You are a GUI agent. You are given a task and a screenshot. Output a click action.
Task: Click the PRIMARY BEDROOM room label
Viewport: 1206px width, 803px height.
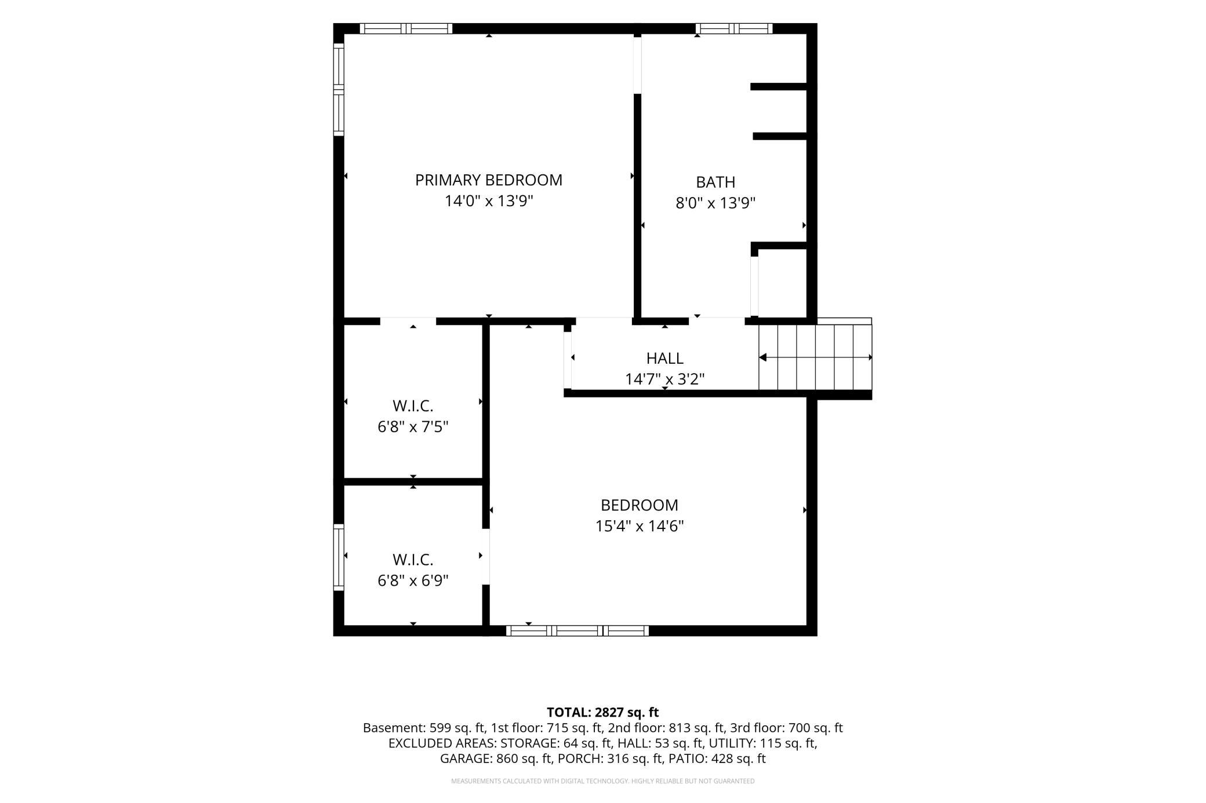click(x=489, y=180)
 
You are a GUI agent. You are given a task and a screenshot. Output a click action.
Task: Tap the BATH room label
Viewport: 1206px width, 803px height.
click(x=715, y=183)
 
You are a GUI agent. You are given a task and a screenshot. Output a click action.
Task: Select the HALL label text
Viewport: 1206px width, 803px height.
click(x=664, y=359)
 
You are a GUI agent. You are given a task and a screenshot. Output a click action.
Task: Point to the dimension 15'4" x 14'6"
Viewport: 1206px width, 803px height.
click(x=640, y=526)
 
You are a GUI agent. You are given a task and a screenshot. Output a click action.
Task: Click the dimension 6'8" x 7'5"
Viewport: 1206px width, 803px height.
click(x=413, y=427)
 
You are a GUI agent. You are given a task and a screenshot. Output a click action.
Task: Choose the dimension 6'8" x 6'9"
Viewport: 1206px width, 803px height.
click(x=413, y=581)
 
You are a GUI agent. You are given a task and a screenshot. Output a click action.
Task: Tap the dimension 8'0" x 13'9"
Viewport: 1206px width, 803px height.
click(x=715, y=203)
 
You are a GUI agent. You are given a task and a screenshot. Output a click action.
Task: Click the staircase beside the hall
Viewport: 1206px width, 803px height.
click(x=815, y=357)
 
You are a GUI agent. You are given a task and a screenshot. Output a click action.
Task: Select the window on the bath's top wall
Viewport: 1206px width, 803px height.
click(x=734, y=28)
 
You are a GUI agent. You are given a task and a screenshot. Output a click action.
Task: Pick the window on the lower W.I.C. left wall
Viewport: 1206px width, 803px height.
click(x=339, y=557)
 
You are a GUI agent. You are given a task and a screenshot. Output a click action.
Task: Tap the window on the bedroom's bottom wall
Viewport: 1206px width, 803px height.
click(x=577, y=630)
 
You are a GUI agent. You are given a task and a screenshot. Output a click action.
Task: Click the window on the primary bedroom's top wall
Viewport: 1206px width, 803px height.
click(x=406, y=28)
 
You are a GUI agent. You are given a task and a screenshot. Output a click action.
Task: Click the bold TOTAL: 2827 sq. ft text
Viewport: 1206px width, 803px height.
click(x=603, y=712)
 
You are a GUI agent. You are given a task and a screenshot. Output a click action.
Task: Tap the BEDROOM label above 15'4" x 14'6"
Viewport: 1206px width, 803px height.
click(x=640, y=505)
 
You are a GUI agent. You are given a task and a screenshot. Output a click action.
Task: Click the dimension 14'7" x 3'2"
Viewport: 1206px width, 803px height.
click(x=664, y=379)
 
